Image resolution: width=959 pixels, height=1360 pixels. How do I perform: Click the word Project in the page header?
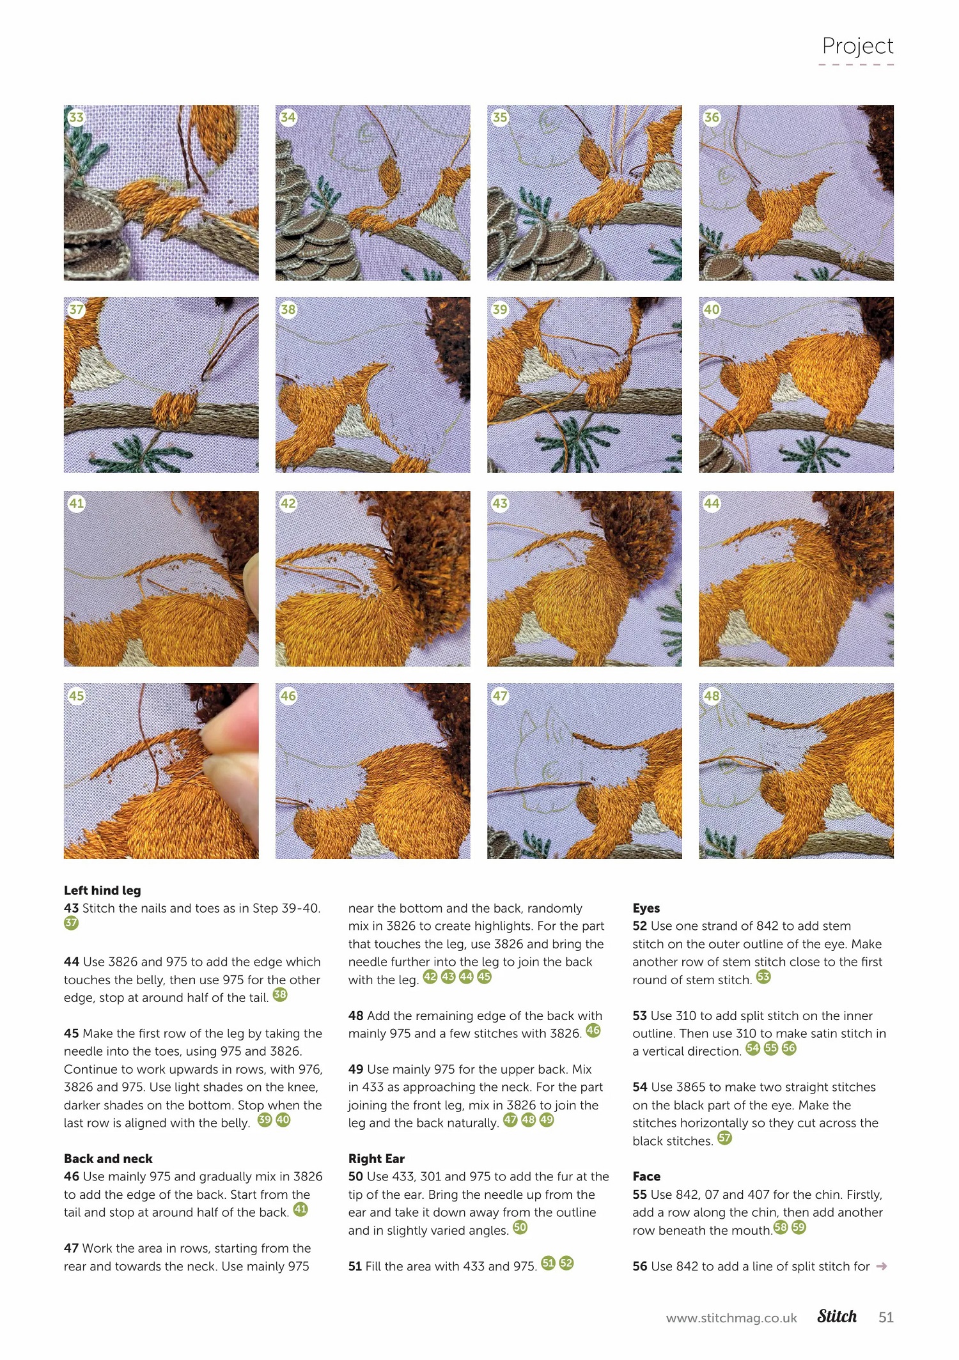point(857,46)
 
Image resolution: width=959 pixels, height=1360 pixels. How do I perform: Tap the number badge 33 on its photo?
point(77,118)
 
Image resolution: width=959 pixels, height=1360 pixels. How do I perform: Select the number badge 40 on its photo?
point(712,310)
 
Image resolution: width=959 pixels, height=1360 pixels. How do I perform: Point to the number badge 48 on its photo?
point(712,696)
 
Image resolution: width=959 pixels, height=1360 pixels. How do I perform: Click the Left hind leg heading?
point(102,890)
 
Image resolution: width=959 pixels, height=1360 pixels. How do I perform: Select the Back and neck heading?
point(108,1159)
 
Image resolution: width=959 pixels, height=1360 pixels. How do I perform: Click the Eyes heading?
point(646,908)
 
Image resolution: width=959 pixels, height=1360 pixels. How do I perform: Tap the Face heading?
point(646,1177)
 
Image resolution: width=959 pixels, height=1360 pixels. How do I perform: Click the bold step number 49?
point(356,1069)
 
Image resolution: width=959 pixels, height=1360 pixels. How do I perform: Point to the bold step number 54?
point(640,1087)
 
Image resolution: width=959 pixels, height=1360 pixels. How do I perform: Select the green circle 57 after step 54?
point(724,1138)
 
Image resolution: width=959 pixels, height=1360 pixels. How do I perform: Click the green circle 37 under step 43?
point(71,923)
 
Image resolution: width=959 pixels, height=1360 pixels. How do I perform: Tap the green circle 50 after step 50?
point(520,1228)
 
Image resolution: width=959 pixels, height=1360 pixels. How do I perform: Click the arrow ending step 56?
point(882,1266)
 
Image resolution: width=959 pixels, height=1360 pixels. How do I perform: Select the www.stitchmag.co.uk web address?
point(731,1318)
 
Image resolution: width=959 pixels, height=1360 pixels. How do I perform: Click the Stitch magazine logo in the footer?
point(837,1317)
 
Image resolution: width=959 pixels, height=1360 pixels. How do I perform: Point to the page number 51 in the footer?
point(886,1317)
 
